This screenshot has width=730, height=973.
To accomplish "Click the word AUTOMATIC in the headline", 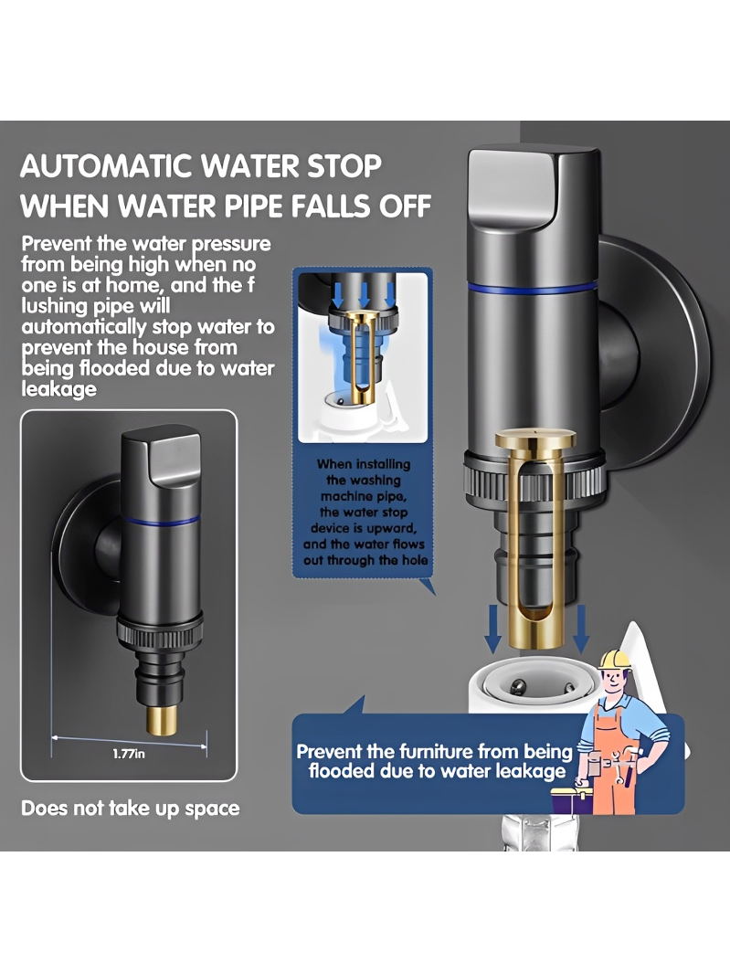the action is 108,166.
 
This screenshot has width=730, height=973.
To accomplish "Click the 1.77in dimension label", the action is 129,754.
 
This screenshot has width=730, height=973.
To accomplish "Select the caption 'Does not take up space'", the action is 130,808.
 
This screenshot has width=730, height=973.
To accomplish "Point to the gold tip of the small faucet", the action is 160,719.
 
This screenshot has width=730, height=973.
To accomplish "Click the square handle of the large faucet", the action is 532,187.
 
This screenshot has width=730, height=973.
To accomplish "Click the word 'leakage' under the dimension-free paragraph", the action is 59,389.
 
